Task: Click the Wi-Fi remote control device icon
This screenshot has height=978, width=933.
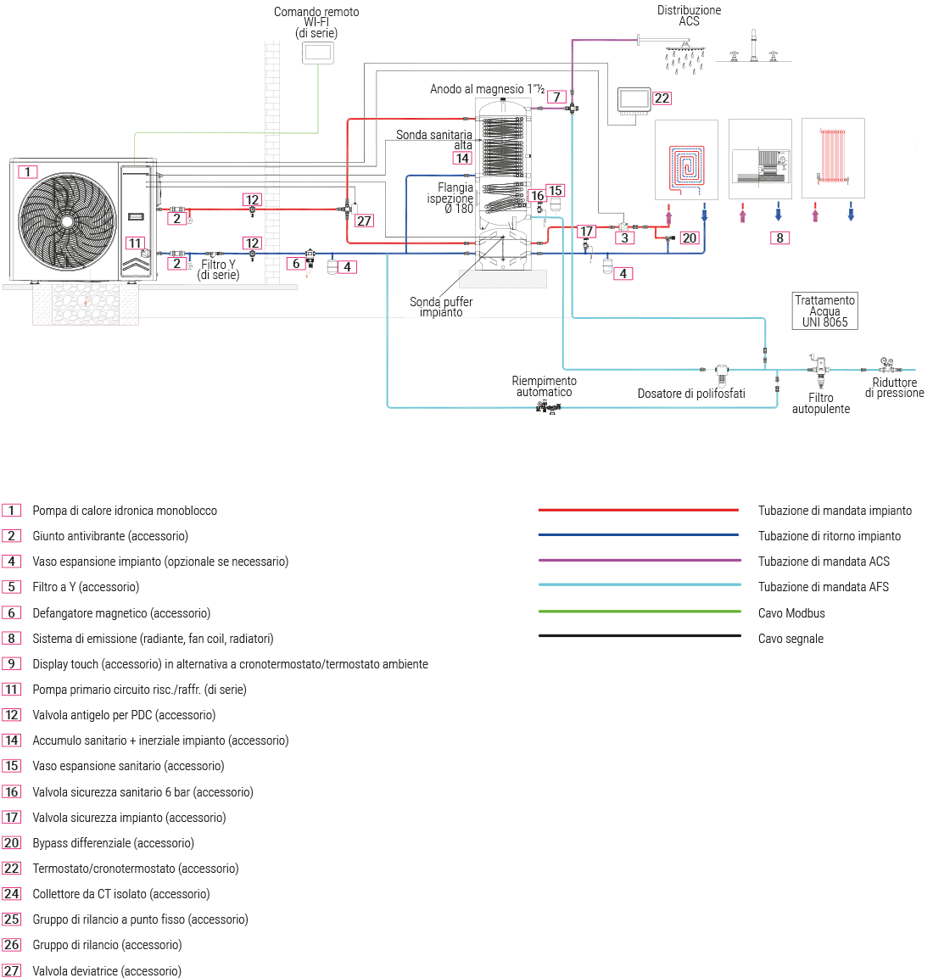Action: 317,53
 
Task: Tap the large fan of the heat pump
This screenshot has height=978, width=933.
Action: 67,221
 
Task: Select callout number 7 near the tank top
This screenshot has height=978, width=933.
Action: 556,97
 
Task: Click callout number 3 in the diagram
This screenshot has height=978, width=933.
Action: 624,238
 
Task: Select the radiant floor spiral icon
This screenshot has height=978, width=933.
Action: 686,165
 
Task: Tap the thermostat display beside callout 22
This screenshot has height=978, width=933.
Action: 634,100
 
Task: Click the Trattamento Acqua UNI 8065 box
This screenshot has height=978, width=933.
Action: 824,311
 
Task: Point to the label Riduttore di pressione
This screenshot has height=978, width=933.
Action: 894,388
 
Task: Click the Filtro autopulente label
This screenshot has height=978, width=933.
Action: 820,403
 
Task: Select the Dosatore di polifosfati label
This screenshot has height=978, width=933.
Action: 690,394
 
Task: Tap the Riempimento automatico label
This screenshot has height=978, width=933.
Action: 544,386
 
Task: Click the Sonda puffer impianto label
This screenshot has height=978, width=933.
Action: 441,307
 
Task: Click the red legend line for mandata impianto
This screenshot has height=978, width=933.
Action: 638,510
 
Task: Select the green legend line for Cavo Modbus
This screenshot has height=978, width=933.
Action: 638,612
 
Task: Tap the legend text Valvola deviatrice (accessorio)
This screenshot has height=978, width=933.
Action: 107,970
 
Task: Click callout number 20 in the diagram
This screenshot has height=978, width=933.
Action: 689,238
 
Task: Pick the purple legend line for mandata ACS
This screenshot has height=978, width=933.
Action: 638,561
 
